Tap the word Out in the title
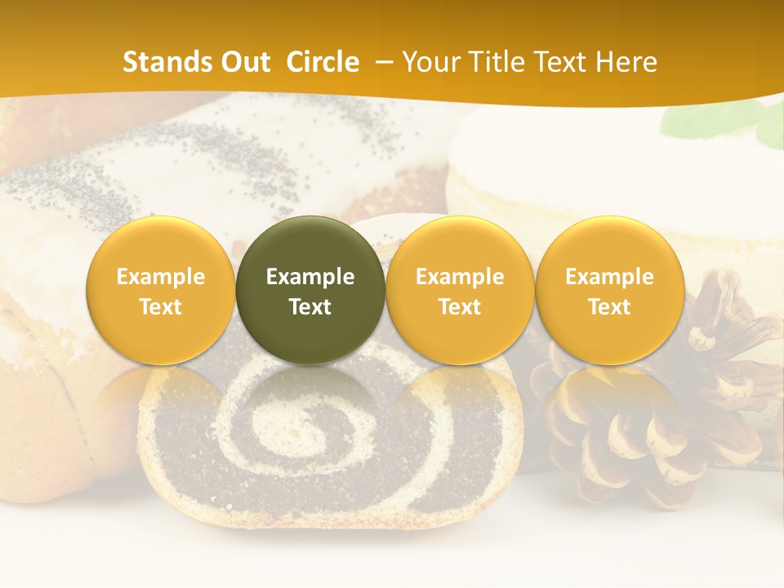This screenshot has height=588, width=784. [x=243, y=62]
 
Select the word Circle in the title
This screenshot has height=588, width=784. [x=323, y=62]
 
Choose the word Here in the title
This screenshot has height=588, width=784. [x=626, y=62]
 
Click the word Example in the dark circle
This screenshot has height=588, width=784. [x=310, y=277]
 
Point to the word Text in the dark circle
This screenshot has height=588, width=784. [x=310, y=307]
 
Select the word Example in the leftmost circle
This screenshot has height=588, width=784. [x=160, y=277]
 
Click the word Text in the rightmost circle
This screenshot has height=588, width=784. [x=609, y=307]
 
